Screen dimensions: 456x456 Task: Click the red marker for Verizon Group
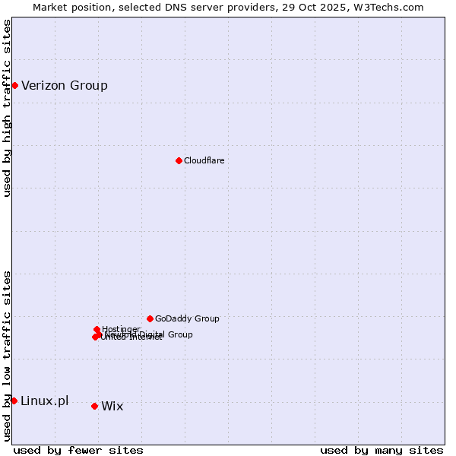click(x=14, y=85)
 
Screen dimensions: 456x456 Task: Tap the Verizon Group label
click(x=65, y=85)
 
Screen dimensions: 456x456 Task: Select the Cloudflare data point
click(x=179, y=160)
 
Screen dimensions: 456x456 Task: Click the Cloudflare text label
click(x=204, y=160)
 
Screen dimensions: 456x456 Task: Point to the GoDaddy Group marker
click(x=150, y=318)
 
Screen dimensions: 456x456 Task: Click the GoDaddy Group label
click(x=187, y=318)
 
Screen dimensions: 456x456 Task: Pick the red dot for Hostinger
click(x=97, y=329)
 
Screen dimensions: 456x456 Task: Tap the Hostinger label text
click(x=121, y=329)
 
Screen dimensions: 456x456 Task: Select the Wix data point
click(x=94, y=406)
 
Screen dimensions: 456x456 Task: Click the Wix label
click(x=112, y=406)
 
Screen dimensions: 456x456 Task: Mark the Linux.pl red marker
click(x=14, y=401)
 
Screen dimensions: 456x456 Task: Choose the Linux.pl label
click(x=44, y=401)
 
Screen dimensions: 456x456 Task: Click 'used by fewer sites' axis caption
click(x=78, y=450)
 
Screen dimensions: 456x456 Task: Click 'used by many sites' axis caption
click(x=382, y=450)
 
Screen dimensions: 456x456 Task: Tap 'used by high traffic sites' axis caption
click(x=7, y=109)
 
